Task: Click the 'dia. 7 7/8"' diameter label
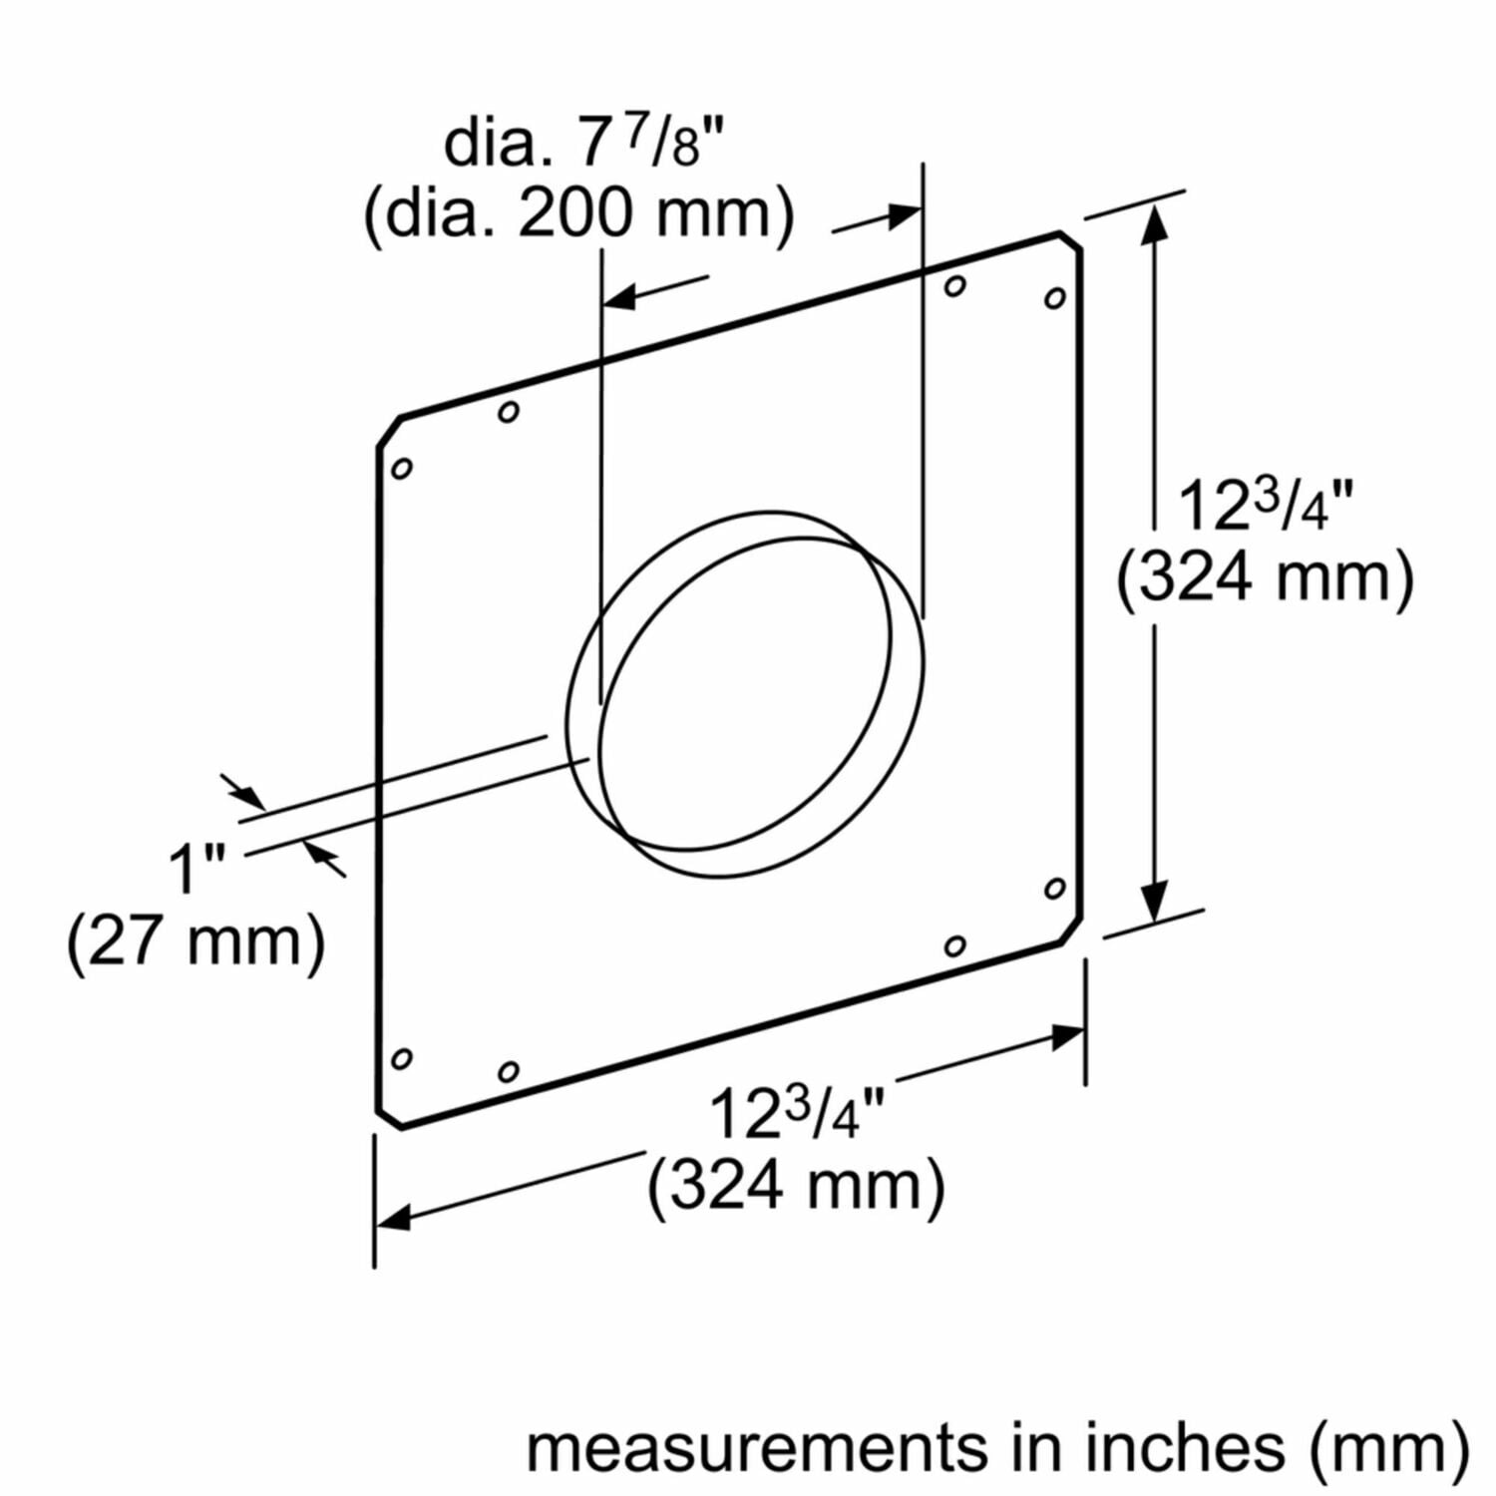click(x=581, y=143)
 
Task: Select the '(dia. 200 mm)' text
click(x=578, y=213)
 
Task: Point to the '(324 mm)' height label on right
click(x=1265, y=577)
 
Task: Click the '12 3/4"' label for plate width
click(x=796, y=1113)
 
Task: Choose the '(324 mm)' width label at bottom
click(x=796, y=1186)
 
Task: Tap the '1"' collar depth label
click(x=196, y=868)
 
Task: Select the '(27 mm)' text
click(x=195, y=940)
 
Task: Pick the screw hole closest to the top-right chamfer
click(x=1054, y=297)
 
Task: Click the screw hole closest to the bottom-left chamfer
click(x=402, y=1058)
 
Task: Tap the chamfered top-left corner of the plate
click(x=389, y=431)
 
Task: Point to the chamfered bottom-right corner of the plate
click(x=1071, y=931)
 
